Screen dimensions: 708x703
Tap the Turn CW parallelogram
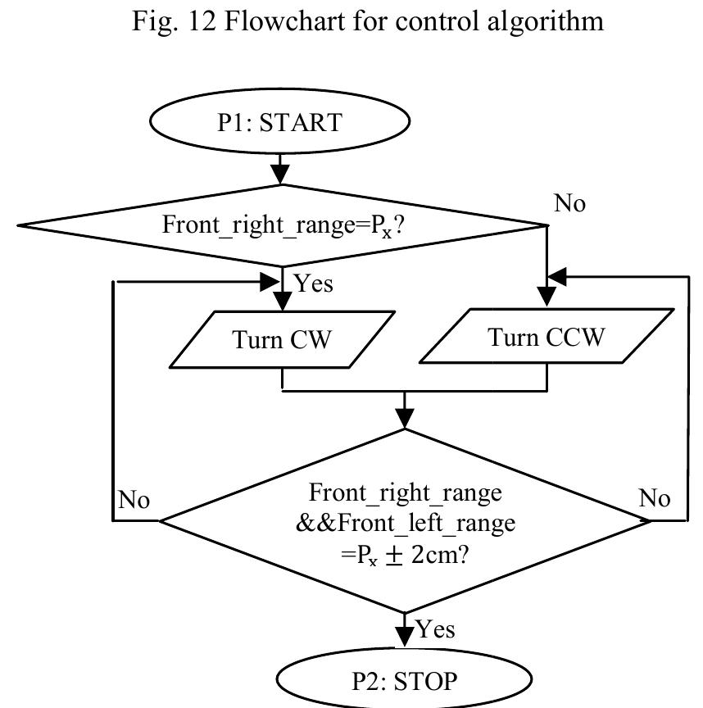click(282, 339)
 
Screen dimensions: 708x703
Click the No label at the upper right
click(570, 204)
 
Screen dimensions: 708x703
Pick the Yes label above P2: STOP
click(436, 629)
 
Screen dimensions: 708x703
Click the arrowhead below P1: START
click(281, 173)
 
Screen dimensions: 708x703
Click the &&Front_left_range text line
click(406, 523)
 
